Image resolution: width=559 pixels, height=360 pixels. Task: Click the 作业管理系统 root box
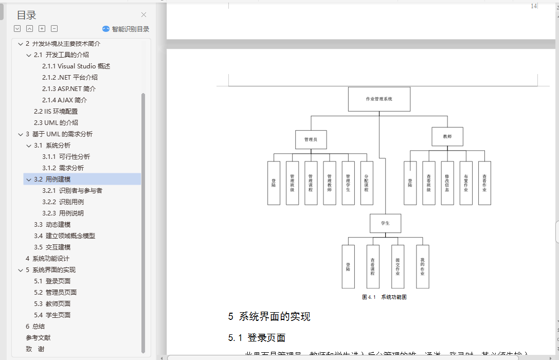click(379, 99)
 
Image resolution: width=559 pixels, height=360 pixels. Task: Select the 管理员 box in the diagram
click(311, 139)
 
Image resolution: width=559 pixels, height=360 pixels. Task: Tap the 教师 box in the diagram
click(447, 137)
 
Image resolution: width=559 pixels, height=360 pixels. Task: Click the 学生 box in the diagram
click(385, 223)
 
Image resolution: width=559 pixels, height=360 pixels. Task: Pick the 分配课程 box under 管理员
click(367, 183)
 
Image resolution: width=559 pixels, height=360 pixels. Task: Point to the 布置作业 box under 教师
click(466, 183)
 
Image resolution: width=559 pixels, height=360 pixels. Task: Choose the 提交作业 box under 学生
click(398, 266)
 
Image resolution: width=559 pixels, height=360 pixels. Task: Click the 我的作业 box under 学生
click(422, 266)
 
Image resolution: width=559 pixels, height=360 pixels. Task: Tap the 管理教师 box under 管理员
click(330, 183)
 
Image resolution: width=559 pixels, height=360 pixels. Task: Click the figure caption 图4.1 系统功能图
click(385, 297)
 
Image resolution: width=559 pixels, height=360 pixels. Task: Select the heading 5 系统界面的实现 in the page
click(269, 317)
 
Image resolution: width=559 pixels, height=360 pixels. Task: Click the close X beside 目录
click(143, 15)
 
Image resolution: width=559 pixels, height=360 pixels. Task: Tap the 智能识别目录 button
click(126, 29)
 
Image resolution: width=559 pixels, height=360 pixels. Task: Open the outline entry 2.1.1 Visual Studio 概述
click(76, 66)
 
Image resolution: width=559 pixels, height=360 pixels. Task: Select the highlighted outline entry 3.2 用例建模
click(58, 179)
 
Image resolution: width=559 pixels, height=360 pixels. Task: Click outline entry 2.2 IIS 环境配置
click(56, 111)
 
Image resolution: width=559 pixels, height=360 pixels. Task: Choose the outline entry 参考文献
click(38, 337)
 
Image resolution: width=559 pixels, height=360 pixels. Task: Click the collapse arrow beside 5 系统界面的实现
click(21, 270)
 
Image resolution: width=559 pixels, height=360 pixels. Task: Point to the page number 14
click(534, 6)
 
